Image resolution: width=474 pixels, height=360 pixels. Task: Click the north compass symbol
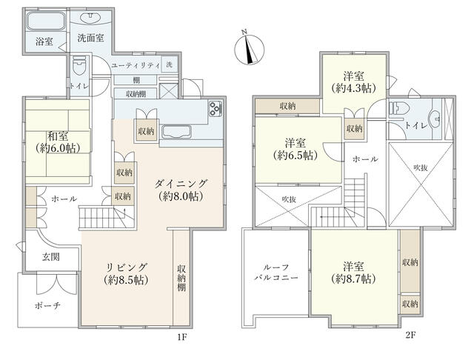pyautogui.click(x=250, y=48)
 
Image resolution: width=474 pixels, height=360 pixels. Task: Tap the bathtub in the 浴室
pyautogui.click(x=46, y=21)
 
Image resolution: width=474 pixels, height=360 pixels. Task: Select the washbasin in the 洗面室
pyautogui.click(x=90, y=18)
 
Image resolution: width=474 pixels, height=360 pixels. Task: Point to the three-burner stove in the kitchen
pyautogui.click(x=216, y=109)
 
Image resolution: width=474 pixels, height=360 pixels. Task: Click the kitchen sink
pyautogui.click(x=176, y=132)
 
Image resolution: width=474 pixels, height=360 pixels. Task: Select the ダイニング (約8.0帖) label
pyautogui.click(x=181, y=190)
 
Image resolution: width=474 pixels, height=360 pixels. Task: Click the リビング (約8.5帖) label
pyautogui.click(x=126, y=273)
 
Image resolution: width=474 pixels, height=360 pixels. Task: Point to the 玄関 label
pyautogui.click(x=50, y=257)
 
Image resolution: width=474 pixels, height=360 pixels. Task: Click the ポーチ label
pyautogui.click(x=47, y=306)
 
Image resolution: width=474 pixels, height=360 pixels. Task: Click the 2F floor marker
pyautogui.click(x=410, y=335)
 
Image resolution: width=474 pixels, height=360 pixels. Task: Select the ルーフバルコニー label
pyautogui.click(x=276, y=273)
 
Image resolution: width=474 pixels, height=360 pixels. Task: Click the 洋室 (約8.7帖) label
pyautogui.click(x=353, y=273)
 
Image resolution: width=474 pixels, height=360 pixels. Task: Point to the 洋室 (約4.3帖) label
pyautogui.click(x=353, y=81)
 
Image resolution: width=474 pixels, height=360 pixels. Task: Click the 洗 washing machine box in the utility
pyautogui.click(x=170, y=64)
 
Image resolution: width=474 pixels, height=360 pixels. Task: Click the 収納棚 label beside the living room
pyautogui.click(x=181, y=278)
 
